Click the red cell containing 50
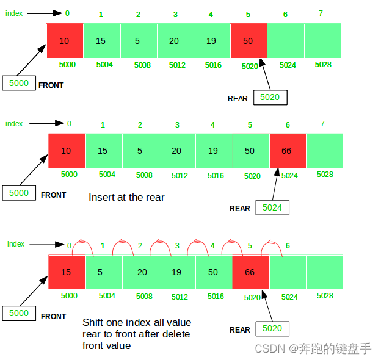[x=249, y=41]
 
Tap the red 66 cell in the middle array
[x=288, y=151]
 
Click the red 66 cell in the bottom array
[x=250, y=272]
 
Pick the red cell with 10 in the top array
[x=65, y=41]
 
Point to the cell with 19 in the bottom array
[x=177, y=272]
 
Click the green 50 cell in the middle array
[x=250, y=151]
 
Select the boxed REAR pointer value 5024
[x=272, y=207]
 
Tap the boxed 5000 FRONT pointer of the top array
[x=19, y=83]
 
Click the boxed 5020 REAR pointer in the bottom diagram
[x=272, y=328]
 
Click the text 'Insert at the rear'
[x=126, y=197]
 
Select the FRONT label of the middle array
[x=54, y=195]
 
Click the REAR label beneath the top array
[x=238, y=98]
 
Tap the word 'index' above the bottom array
[x=16, y=244]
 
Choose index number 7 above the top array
[x=321, y=13]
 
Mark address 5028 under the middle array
[x=325, y=175]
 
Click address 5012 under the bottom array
[x=180, y=297]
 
